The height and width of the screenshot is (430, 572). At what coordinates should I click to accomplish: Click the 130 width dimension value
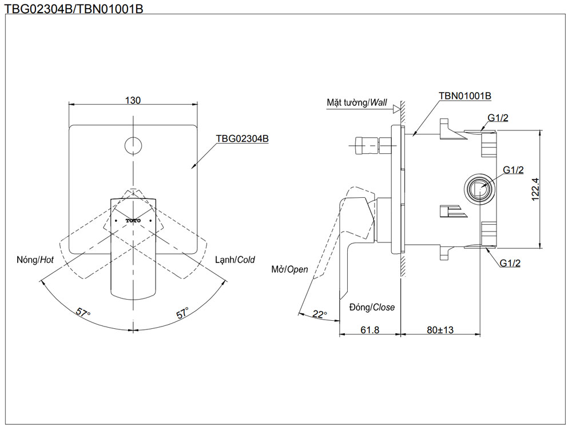tap(133, 100)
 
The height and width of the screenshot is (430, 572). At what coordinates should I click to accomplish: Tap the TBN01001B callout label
tap(465, 96)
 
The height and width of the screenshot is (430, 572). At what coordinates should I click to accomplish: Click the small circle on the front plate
tap(133, 145)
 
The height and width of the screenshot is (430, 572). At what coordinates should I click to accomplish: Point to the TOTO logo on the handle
tap(133, 220)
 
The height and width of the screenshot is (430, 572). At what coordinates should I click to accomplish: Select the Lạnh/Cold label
tap(235, 260)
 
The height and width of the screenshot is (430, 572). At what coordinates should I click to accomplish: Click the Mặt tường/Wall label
tap(357, 103)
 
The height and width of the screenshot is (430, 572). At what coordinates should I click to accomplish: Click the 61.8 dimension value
tap(371, 330)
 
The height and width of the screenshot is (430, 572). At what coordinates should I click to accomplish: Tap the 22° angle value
tap(319, 314)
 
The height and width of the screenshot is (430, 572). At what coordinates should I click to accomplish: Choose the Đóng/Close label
tap(372, 307)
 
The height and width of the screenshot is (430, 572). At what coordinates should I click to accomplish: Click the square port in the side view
tap(478, 188)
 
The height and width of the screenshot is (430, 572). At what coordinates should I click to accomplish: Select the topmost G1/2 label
tap(498, 118)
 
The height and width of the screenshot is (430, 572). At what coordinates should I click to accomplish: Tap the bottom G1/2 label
tap(510, 263)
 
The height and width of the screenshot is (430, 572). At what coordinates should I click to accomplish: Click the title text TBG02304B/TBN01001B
tap(73, 8)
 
